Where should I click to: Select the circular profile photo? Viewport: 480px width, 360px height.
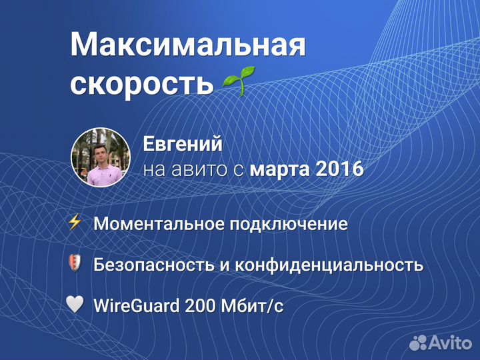(x=100, y=157)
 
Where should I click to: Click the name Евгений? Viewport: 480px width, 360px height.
(x=183, y=144)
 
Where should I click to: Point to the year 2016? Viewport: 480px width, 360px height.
(x=339, y=169)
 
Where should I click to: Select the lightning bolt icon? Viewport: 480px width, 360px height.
(x=75, y=223)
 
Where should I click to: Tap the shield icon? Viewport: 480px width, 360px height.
(x=75, y=263)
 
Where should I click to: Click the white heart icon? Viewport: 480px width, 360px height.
(x=75, y=305)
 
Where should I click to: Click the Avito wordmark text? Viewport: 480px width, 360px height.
(x=451, y=343)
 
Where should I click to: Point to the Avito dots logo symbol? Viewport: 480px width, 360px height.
(x=419, y=343)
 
